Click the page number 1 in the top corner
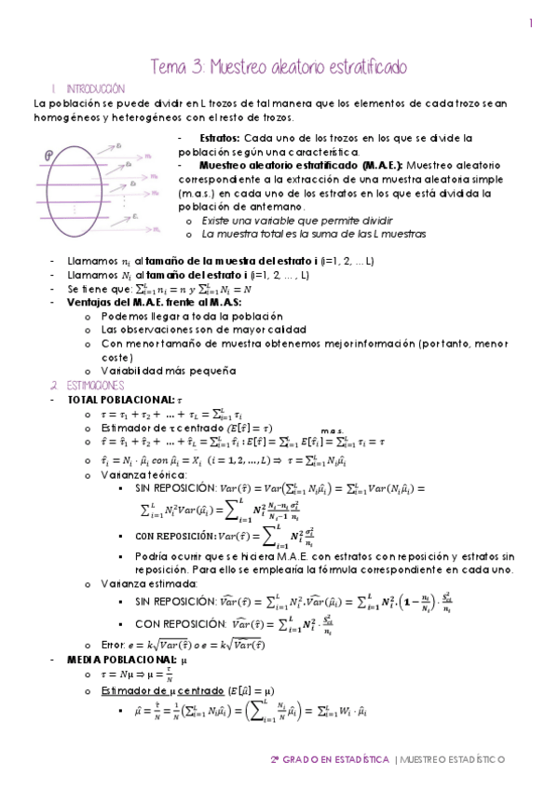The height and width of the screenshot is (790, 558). pos(531,24)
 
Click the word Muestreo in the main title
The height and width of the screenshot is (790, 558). pos(248,67)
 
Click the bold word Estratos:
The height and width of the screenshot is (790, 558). pos(221,137)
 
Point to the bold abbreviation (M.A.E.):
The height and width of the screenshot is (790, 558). pos(384,164)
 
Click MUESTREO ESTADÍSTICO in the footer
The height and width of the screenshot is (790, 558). pos(453,759)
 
